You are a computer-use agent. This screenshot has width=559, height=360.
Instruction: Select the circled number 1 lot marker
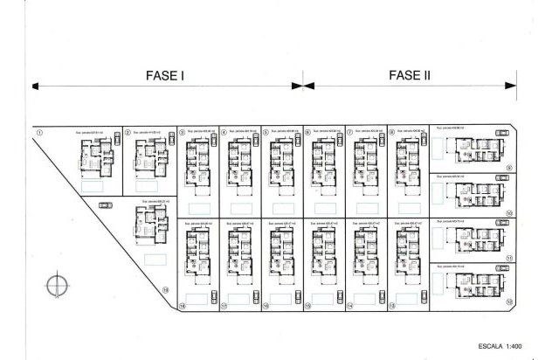(39, 133)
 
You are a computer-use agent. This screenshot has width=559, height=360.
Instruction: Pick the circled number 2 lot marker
(128, 134)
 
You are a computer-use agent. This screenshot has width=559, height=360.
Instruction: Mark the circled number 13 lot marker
(393, 307)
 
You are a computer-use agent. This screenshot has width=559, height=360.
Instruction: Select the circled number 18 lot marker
(182, 307)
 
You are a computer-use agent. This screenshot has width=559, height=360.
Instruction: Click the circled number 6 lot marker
(308, 133)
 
